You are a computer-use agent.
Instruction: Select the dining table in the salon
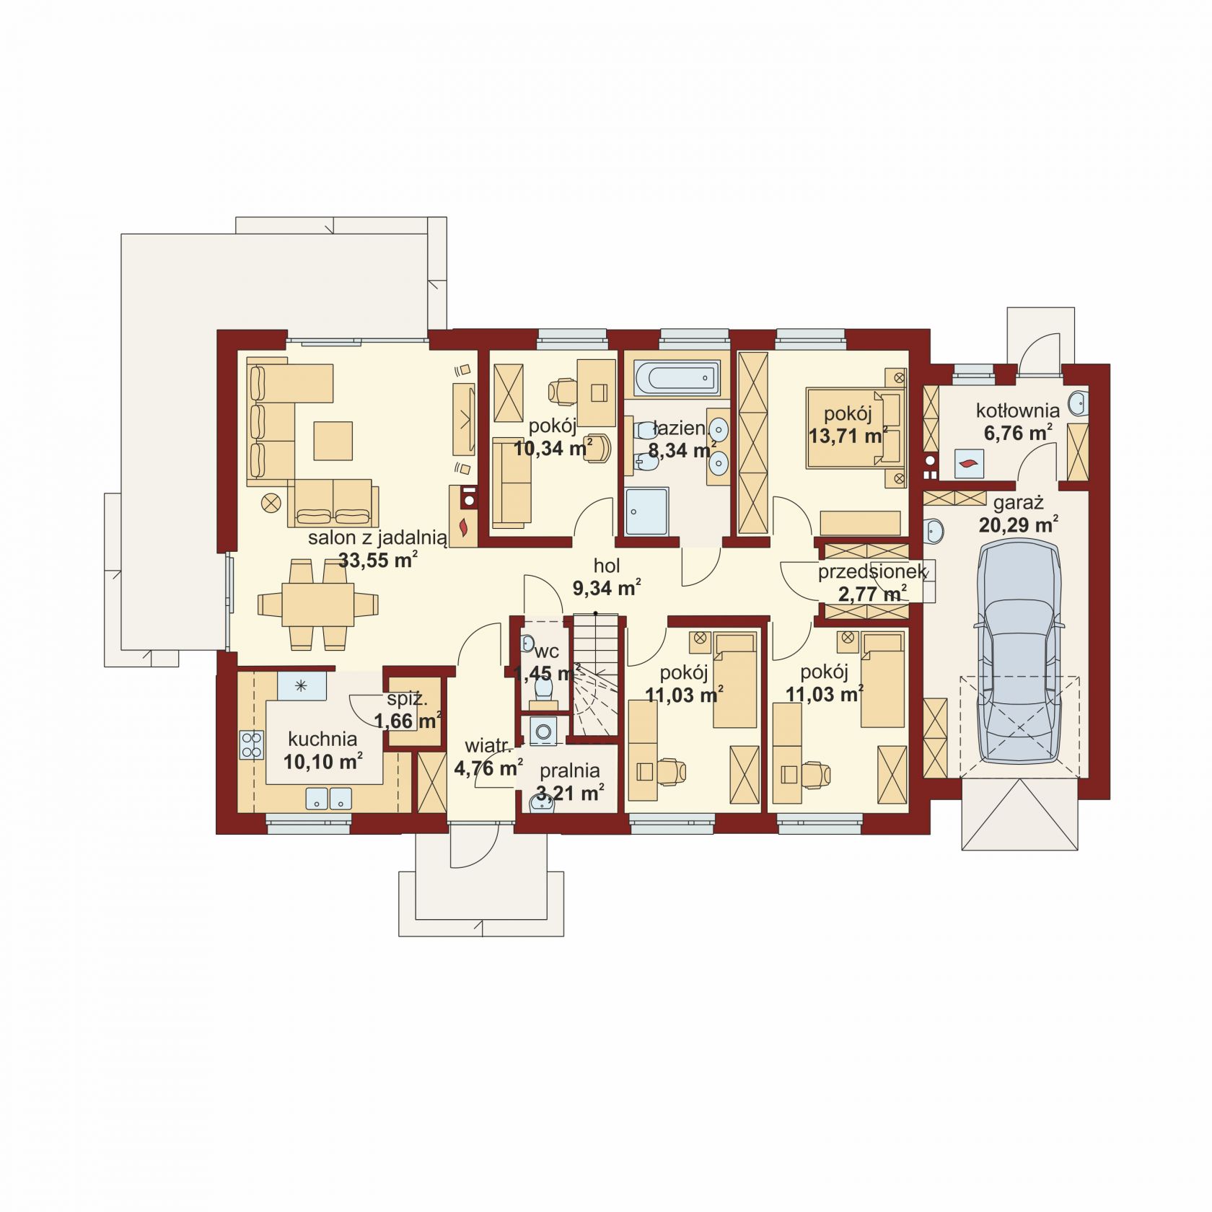click(317, 604)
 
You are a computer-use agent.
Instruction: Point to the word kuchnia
click(322, 739)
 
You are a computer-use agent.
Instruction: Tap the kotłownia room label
click(1017, 411)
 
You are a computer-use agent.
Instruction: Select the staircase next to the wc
click(596, 675)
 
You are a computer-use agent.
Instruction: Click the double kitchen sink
click(328, 798)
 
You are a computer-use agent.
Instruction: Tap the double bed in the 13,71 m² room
click(856, 427)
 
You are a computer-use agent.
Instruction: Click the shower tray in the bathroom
click(647, 511)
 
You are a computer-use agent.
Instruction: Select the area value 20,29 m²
click(1018, 523)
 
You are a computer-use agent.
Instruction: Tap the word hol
click(607, 566)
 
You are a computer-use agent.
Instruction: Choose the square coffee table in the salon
click(333, 441)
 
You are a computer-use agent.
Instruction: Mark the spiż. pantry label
click(408, 698)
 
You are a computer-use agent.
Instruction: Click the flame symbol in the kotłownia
click(969, 462)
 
